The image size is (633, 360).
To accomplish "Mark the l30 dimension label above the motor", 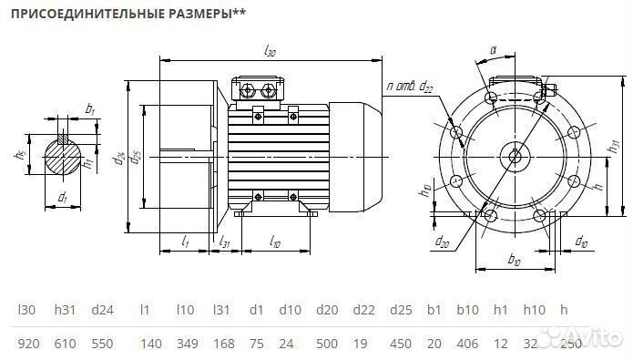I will coord(271,53).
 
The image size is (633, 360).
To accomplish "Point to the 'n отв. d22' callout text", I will coord(411,87).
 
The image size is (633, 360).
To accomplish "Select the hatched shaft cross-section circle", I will coord(63,157).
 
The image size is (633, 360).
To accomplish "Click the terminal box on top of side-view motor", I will coord(259,88).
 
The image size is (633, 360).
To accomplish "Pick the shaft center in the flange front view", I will coord(516,154).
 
